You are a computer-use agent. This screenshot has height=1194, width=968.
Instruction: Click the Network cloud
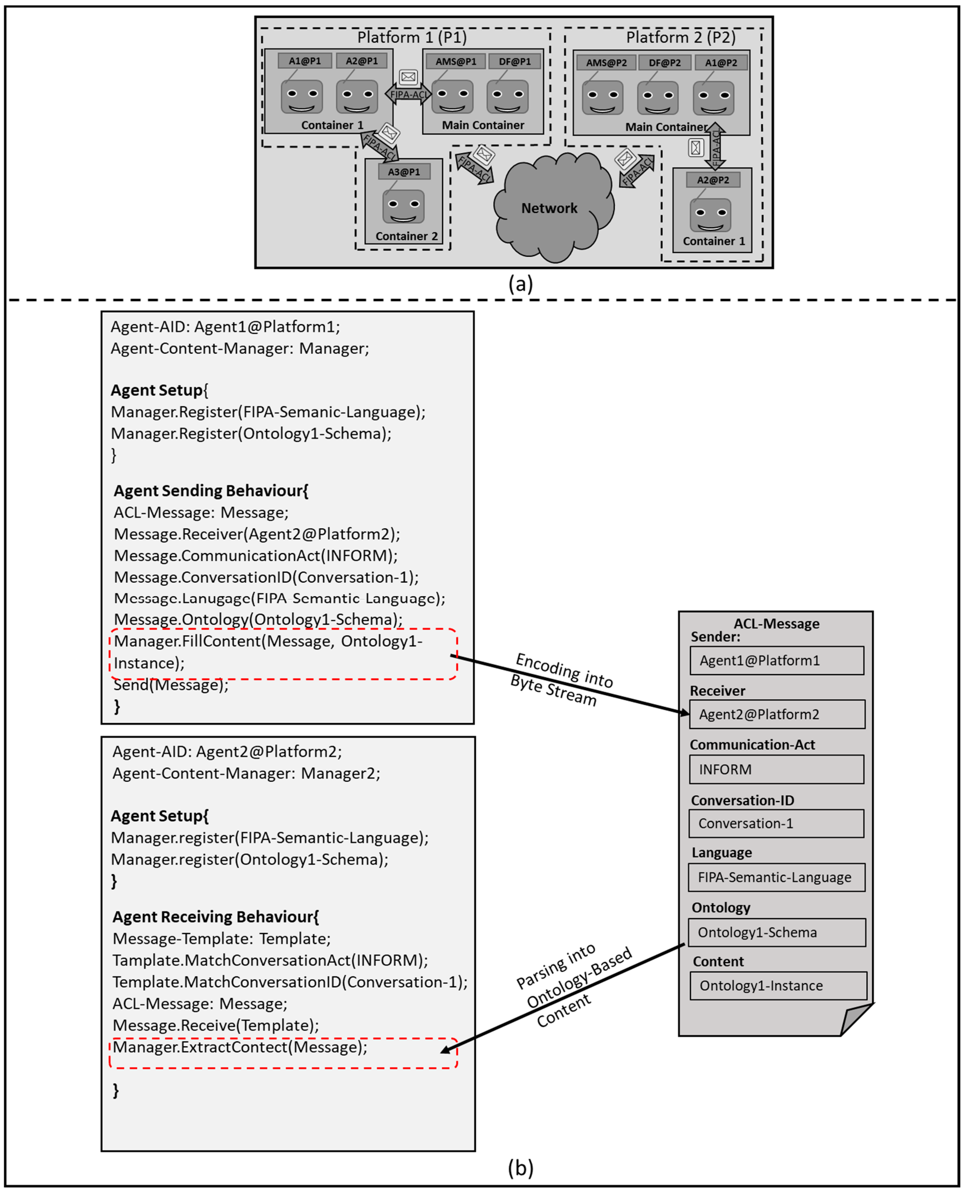click(552, 209)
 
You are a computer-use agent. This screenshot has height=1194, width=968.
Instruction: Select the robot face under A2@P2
click(710, 215)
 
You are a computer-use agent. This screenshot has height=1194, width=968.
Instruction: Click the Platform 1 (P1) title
click(411, 37)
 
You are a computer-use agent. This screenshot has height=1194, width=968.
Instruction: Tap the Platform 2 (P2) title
click(680, 37)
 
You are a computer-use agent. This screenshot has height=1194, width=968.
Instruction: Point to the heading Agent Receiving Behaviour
click(215, 917)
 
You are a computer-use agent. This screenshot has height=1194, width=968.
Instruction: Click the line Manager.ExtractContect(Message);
click(240, 1047)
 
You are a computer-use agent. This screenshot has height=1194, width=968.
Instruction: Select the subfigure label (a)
click(520, 284)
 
